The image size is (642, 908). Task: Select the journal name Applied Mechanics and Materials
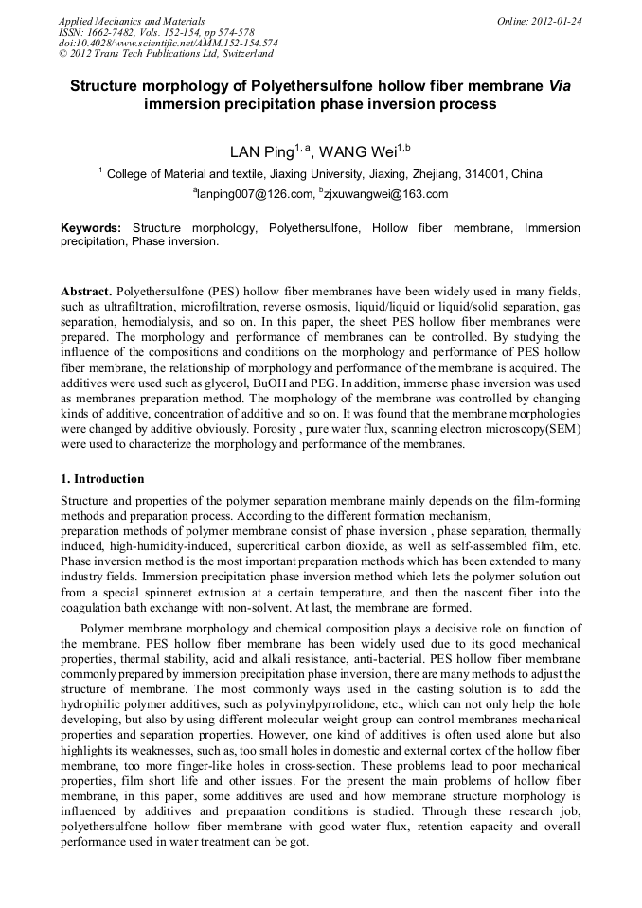(131, 21)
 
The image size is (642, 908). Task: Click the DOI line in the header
(168, 43)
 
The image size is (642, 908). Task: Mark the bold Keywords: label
(91, 228)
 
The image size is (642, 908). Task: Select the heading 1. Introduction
(102, 479)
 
